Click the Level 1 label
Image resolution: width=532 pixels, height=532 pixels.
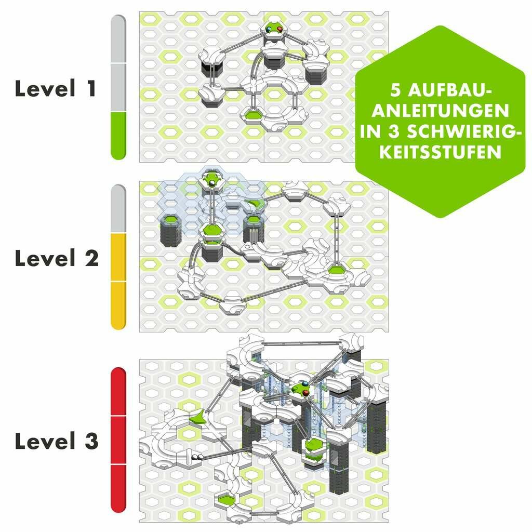click(56, 88)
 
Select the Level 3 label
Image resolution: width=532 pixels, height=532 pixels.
click(57, 441)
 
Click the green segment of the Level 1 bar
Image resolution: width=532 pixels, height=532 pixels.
click(118, 136)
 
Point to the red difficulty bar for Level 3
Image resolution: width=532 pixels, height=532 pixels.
click(118, 440)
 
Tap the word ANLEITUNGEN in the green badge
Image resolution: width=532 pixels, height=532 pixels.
click(441, 111)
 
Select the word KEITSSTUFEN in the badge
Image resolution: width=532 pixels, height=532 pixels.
click(441, 152)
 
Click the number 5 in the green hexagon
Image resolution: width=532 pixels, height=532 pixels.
click(396, 90)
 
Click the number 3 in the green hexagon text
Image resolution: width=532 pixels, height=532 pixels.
click(394, 131)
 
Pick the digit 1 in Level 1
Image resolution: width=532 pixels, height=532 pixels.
click(91, 88)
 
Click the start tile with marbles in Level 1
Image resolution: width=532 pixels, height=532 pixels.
click(274, 30)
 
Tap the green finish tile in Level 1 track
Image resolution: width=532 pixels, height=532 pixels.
click(252, 115)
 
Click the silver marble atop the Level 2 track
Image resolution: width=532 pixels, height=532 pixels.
click(212, 183)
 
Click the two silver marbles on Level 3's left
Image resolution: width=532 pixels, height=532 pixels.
click(196, 457)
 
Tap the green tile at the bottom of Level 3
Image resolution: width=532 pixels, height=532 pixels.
click(227, 499)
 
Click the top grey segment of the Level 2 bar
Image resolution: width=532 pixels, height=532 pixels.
click(118, 209)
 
